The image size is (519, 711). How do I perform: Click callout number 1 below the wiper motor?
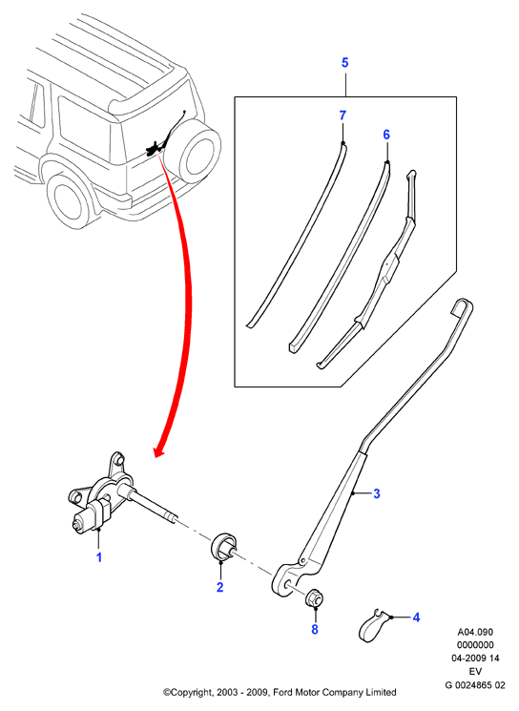point(99,557)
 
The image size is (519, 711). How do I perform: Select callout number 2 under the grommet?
point(220,587)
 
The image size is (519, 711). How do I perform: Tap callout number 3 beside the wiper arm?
point(376,493)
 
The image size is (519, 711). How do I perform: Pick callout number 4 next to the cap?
point(416,617)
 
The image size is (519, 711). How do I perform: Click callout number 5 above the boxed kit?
point(345,63)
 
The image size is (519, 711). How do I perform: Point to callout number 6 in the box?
point(386,135)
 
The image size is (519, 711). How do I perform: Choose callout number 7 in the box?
point(343,115)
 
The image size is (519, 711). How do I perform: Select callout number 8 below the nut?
point(315,629)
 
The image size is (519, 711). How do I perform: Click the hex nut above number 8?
point(313,598)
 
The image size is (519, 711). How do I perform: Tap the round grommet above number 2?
point(223,547)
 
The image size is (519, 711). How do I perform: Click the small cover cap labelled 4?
point(374,625)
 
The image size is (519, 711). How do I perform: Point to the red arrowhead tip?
point(156,457)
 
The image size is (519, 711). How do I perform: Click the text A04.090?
point(475,632)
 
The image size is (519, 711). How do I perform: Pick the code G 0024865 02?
point(475,685)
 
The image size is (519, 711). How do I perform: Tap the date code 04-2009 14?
point(475,659)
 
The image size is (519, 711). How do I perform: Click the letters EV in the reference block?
point(475,672)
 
